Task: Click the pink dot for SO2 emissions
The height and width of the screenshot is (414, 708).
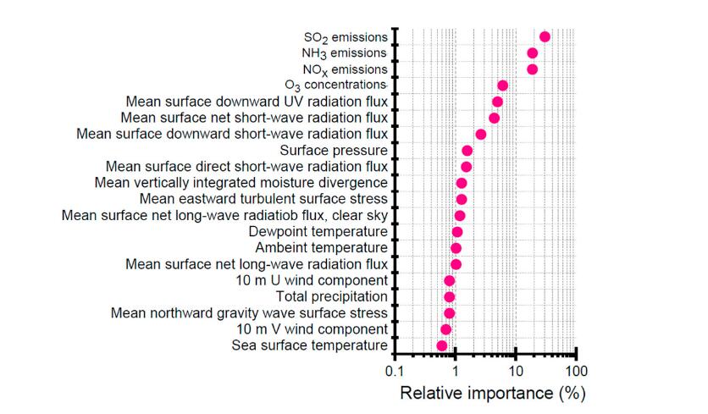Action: [x=545, y=36]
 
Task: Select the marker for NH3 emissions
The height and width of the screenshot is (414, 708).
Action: [x=532, y=53]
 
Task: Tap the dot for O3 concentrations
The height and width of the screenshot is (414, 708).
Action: [x=502, y=86]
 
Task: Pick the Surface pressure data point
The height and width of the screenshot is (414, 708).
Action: [x=467, y=151]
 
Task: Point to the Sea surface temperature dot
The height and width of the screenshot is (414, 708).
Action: [x=441, y=345]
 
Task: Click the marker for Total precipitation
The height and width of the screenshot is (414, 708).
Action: [x=449, y=296]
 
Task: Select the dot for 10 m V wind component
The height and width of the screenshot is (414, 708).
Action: [x=445, y=329]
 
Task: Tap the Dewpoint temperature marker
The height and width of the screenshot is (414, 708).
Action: [x=457, y=232]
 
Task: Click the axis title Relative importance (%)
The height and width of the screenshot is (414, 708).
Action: [x=492, y=394]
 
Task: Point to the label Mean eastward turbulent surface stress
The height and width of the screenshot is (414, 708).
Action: [x=263, y=199]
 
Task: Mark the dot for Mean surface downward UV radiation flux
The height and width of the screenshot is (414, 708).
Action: [x=497, y=102]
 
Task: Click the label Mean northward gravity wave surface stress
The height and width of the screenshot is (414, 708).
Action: [x=249, y=313]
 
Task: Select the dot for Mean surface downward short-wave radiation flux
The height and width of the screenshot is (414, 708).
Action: [x=480, y=134]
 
